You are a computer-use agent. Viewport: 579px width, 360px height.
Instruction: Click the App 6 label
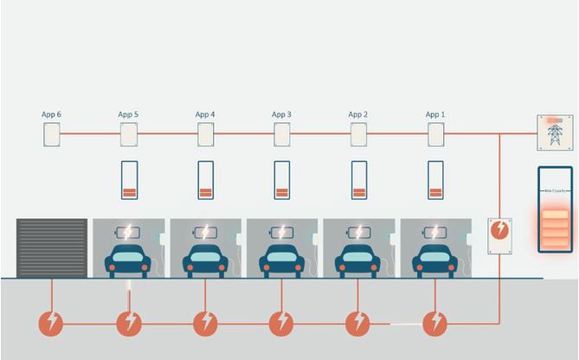(x=51, y=114)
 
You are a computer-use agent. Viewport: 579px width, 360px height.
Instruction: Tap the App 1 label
(x=435, y=114)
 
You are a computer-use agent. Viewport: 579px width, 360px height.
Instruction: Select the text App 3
(x=281, y=114)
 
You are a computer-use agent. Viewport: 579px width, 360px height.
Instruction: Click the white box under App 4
(x=205, y=134)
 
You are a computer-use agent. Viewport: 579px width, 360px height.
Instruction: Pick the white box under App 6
(x=52, y=134)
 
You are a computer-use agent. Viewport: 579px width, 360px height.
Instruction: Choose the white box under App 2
(x=358, y=134)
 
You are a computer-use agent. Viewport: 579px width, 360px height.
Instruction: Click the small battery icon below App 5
(x=129, y=180)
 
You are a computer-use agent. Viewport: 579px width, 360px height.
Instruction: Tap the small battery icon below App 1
(x=435, y=180)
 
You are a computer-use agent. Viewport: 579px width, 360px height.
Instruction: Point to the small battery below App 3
(x=282, y=180)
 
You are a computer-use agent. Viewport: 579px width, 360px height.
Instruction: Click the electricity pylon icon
(x=554, y=133)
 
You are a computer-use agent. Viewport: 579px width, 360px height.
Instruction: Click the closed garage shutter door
(x=52, y=247)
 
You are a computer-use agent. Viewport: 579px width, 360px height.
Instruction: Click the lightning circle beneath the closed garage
(x=51, y=324)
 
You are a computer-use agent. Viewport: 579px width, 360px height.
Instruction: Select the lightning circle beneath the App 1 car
(x=434, y=324)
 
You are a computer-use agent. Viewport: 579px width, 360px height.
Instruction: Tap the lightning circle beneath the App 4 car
(x=205, y=324)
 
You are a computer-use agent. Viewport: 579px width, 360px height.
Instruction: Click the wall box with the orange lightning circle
(x=500, y=235)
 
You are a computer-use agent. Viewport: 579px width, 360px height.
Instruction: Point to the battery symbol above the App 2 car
(x=358, y=232)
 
